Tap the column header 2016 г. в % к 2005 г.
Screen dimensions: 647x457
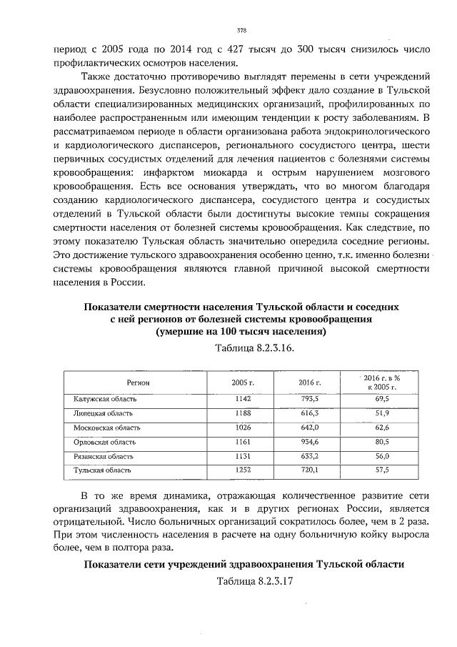381,382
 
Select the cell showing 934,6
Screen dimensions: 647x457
308,441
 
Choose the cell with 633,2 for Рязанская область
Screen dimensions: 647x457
308,455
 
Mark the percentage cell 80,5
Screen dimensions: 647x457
381,441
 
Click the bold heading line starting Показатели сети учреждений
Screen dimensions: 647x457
244,563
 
